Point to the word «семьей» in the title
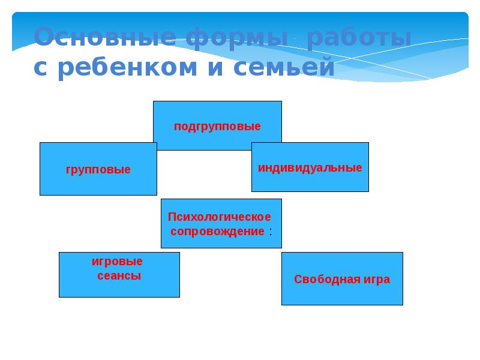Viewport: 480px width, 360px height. tap(283, 67)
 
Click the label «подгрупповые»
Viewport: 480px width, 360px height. tap(217, 127)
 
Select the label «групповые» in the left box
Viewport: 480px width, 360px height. tap(98, 170)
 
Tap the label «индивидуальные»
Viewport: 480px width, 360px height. tap(310, 167)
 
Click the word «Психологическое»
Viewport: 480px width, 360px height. tap(220, 217)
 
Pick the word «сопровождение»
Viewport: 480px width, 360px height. tap(217, 231)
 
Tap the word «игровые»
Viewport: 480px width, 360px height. tap(117, 262)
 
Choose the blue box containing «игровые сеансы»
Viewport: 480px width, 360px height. tap(119, 289)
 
